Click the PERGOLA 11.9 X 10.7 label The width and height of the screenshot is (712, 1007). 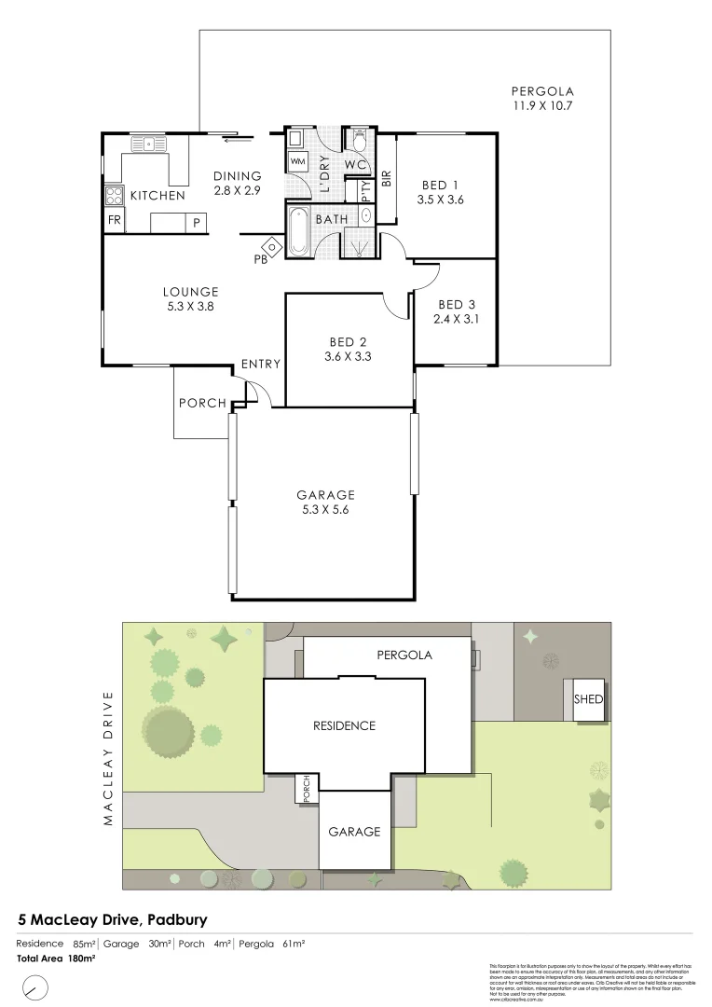click(541, 99)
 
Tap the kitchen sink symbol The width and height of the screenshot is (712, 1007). click(148, 144)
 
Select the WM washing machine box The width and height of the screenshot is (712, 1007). click(298, 161)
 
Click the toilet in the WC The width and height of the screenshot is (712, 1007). click(358, 141)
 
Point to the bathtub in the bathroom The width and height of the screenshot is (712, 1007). click(298, 232)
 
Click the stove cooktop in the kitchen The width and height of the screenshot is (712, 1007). click(114, 196)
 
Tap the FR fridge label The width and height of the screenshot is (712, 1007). click(114, 221)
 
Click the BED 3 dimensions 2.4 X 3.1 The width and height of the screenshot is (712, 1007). click(457, 319)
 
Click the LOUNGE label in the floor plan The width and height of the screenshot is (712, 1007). click(190, 291)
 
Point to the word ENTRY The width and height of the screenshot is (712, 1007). click(260, 364)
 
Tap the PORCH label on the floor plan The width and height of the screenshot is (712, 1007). click(202, 403)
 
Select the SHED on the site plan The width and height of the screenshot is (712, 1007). click(588, 699)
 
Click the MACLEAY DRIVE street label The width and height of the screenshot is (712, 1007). click(108, 757)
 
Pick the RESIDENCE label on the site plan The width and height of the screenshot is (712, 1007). click(344, 725)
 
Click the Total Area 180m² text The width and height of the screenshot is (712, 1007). click(56, 958)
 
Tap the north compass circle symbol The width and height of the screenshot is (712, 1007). click(35, 986)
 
